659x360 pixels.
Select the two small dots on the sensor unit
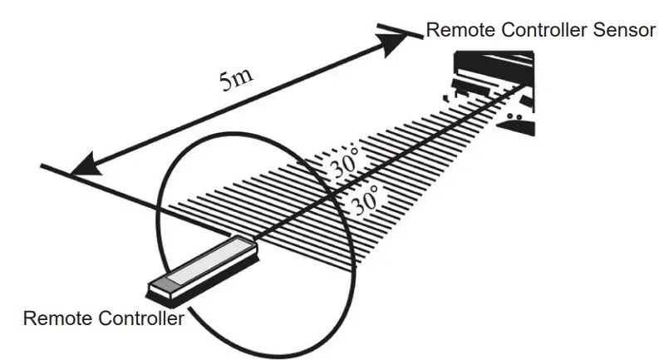point(515,119)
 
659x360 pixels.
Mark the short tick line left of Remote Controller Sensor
point(397,29)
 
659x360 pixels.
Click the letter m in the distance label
point(244,78)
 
